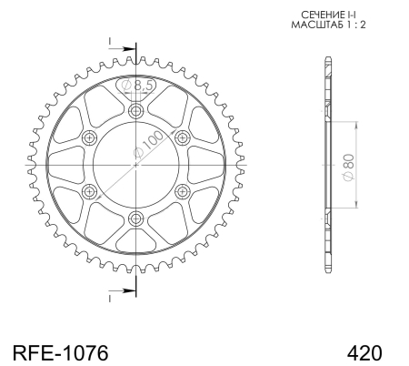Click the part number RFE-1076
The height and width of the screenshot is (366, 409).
pos(60,353)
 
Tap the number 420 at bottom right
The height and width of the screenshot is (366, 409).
pos(364,353)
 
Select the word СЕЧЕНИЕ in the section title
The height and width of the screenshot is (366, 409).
pos(321,15)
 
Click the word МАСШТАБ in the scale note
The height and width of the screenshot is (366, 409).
pos(317,25)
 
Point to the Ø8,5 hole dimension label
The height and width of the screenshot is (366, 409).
pos(136,86)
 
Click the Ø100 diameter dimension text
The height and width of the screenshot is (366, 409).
pos(148,145)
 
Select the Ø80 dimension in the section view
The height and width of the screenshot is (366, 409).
pos(349,168)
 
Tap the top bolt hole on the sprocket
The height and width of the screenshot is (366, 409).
pos(135,111)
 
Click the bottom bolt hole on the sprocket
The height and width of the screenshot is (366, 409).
pos(135,218)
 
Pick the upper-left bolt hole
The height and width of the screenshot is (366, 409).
pos(89,138)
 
